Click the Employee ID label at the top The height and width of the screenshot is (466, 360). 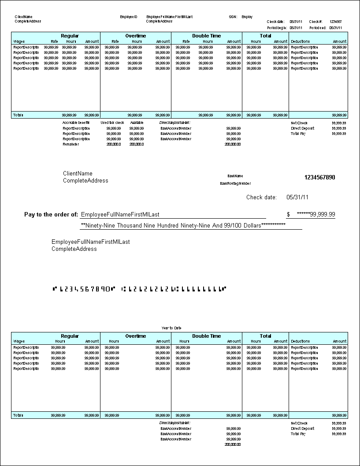[x=129, y=17]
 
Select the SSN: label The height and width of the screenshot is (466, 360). [x=233, y=17]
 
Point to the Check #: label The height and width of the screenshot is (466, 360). [x=316, y=22]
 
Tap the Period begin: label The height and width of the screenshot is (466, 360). [x=277, y=27]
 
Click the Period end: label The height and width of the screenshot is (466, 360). [x=318, y=27]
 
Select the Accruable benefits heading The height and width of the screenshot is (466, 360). [x=76, y=123]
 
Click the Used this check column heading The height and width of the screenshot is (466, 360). [x=112, y=123]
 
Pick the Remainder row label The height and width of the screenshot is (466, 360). [x=71, y=144]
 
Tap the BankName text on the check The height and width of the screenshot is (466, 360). [x=235, y=176]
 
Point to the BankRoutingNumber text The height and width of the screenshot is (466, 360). [x=235, y=183]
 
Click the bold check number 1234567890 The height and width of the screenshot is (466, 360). [x=319, y=178]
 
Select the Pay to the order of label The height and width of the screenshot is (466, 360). [x=51, y=215]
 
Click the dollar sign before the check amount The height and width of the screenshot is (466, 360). [x=288, y=215]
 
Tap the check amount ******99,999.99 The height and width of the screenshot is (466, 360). [x=316, y=215]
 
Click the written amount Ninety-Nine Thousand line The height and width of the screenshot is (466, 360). [x=183, y=225]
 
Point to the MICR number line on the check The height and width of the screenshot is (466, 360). [x=139, y=289]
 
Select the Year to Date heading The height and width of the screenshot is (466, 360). [x=171, y=328]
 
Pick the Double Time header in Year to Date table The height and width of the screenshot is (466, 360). [x=206, y=336]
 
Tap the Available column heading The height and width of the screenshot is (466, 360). [x=137, y=123]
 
